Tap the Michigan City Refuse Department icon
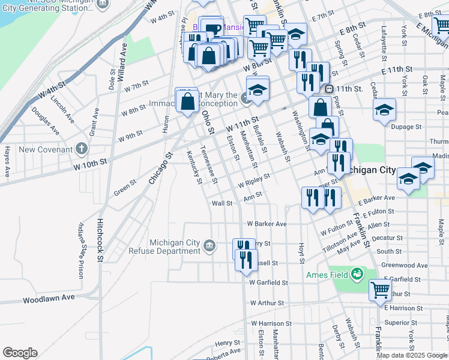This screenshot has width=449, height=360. (209, 245)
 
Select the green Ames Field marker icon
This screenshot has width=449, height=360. (358, 274)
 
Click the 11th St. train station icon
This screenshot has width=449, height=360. (328, 89)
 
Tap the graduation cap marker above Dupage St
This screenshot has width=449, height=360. (384, 110)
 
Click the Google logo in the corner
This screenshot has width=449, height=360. (20, 353)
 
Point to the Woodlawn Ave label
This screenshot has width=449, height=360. (49, 298)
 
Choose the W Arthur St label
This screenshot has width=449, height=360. (267, 304)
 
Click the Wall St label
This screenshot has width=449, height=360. (221, 203)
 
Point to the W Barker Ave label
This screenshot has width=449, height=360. (267, 224)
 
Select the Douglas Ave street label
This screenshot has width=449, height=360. (46, 121)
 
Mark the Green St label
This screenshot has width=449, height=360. (125, 189)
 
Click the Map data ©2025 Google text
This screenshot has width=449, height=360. (412, 355)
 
